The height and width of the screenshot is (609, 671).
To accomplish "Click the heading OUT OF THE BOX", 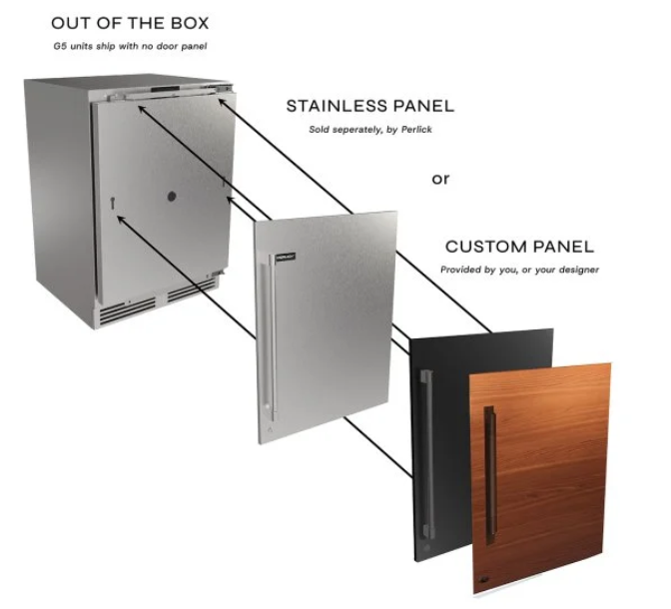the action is coord(130,23).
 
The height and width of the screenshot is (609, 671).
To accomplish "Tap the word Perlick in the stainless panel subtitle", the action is coord(416,129).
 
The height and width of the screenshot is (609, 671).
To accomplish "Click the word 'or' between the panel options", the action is coord(440,179).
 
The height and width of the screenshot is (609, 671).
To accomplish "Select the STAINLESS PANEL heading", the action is coord(370,106).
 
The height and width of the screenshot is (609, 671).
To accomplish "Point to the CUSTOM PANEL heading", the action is coord(519,247).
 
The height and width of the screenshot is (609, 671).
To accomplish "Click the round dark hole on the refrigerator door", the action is coord(172,197).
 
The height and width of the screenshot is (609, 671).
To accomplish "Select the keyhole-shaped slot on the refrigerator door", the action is coord(113,203).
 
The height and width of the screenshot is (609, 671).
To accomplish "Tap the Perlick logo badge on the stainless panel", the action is coord(286,258).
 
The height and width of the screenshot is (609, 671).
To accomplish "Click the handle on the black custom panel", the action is coord(427,453).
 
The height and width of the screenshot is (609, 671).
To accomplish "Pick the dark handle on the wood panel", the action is coord(490,475).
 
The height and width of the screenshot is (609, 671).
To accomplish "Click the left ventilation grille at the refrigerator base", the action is coord(127,309).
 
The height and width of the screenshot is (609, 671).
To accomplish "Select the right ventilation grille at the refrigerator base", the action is coord(192,291).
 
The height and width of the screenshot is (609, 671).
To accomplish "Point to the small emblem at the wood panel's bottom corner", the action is coord(484,580).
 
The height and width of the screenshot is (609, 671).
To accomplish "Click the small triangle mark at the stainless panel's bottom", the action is coord(270,429).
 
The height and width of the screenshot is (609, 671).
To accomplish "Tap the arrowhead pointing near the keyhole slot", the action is coord(122,220).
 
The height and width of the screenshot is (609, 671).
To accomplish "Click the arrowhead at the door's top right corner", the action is coord(223,103).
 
